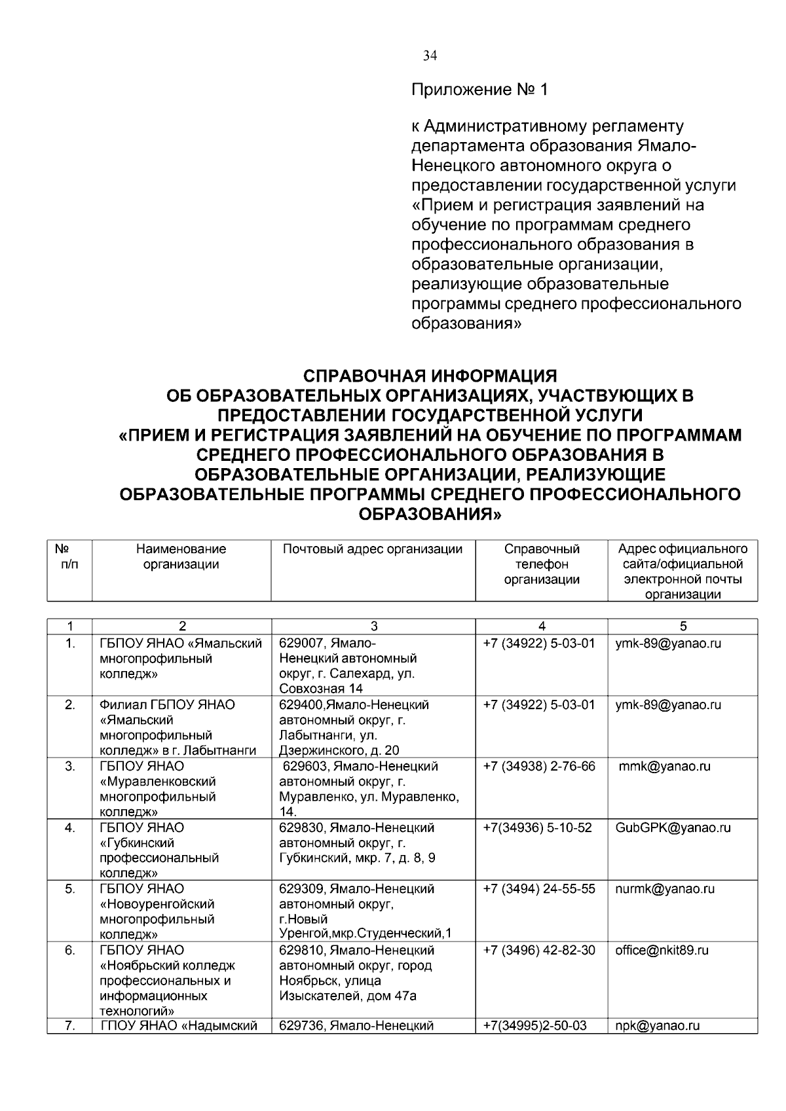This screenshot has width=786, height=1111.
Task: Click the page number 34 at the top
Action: (430, 56)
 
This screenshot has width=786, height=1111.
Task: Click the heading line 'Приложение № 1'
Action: (479, 90)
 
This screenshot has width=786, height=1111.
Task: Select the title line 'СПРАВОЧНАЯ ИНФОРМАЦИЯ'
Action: (430, 376)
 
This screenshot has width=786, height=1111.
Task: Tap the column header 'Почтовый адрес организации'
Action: (373, 549)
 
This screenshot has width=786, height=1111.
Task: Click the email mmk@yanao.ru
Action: (664, 766)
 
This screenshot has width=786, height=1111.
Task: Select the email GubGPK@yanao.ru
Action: (673, 828)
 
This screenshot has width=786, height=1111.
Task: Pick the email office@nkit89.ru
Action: (662, 950)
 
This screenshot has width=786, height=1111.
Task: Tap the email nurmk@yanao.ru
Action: (665, 888)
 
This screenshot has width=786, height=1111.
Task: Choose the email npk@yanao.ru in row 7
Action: (657, 1026)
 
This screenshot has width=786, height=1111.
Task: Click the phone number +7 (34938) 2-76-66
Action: (539, 766)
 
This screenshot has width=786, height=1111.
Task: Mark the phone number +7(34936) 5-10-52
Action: (537, 828)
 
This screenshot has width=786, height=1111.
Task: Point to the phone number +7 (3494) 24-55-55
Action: (539, 888)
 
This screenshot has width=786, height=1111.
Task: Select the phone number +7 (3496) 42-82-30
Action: (539, 950)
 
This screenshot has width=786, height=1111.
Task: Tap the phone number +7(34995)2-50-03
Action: (534, 1026)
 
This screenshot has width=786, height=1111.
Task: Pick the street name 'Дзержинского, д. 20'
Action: (339, 751)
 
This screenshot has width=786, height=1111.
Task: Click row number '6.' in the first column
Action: (69, 950)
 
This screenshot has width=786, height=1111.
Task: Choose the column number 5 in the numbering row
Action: (683, 626)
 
